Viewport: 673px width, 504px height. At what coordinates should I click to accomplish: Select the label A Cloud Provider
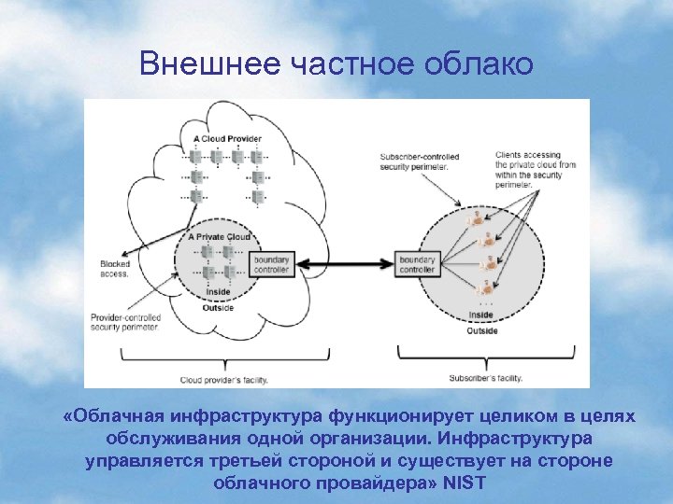[227, 138]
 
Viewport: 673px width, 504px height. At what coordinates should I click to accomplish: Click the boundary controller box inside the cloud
[273, 264]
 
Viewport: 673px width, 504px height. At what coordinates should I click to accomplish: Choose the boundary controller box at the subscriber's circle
[417, 264]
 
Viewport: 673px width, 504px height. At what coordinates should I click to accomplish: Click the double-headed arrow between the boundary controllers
[345, 264]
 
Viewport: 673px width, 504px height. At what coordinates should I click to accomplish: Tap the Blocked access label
[115, 269]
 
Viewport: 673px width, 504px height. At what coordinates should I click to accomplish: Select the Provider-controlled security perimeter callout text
[124, 323]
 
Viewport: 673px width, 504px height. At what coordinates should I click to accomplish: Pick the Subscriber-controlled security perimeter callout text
[415, 161]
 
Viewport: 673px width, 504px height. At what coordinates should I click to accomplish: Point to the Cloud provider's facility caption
[222, 380]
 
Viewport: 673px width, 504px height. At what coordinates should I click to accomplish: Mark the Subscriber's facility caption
[484, 378]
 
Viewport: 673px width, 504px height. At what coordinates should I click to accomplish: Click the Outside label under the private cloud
[217, 308]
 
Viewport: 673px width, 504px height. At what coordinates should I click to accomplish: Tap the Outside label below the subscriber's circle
[482, 330]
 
